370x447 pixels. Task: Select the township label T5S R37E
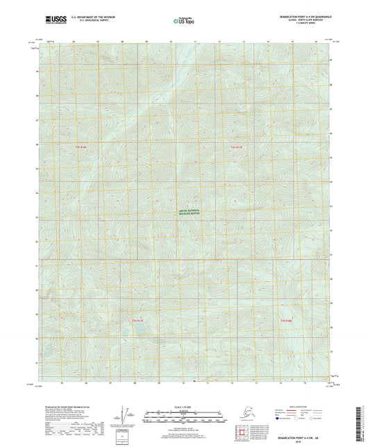(137, 320)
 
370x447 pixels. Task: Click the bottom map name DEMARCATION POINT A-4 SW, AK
(303, 436)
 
